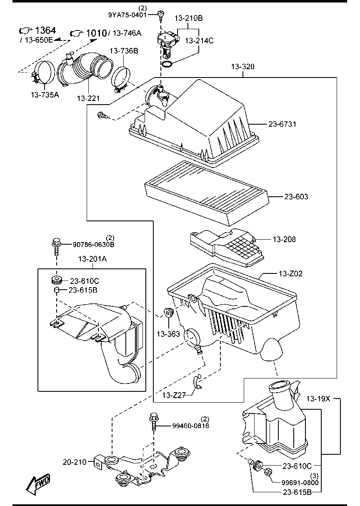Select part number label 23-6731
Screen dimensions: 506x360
click(282, 124)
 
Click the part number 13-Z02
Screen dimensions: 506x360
click(290, 274)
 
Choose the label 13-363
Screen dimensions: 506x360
click(168, 334)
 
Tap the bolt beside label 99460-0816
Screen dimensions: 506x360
click(153, 422)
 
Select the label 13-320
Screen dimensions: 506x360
click(243, 67)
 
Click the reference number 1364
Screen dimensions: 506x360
click(46, 30)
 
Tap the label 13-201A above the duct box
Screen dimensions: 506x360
click(92, 259)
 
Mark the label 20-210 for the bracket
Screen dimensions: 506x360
click(75, 462)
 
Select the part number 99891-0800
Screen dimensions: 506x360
click(300, 483)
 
